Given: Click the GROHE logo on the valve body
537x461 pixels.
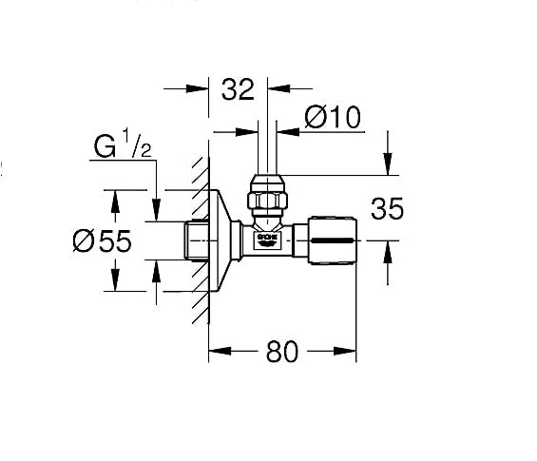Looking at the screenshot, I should click(x=269, y=239).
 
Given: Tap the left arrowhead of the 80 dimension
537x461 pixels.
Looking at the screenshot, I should click(x=215, y=351).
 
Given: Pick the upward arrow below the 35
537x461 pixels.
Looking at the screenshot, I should click(x=387, y=251).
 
